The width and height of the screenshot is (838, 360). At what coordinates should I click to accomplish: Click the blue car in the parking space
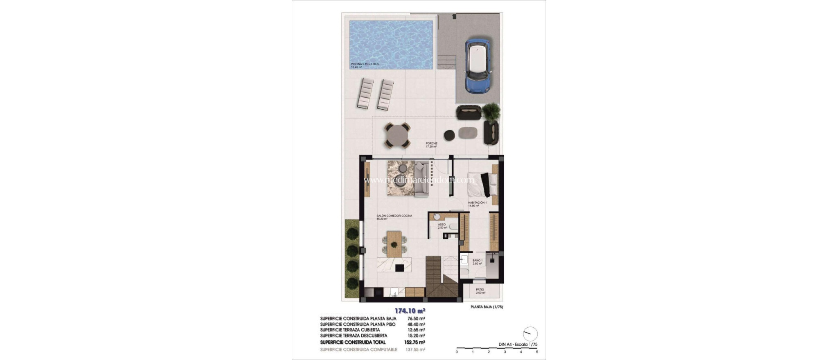(478, 65)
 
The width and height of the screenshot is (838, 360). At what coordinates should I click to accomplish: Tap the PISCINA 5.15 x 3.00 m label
(365, 64)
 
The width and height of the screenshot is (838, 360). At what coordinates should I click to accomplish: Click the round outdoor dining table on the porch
(397, 135)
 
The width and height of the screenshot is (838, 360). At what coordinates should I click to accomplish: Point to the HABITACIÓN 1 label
(477, 203)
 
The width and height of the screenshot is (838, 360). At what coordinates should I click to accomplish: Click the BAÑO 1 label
(478, 261)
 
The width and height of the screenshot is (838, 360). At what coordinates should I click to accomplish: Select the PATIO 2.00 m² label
(480, 290)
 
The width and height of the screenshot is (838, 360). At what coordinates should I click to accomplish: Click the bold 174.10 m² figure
(123, 310)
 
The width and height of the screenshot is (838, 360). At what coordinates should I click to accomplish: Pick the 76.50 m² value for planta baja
(416, 319)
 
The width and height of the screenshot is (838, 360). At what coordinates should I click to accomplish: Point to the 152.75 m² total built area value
(416, 342)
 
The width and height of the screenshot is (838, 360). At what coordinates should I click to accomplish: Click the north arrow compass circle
(530, 334)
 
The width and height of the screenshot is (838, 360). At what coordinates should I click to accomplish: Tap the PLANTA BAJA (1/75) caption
(487, 307)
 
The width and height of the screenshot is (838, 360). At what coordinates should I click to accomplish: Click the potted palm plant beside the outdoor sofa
(491, 111)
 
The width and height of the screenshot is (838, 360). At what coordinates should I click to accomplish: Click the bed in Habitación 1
(481, 185)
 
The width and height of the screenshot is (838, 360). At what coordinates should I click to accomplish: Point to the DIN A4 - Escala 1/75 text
(518, 344)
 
